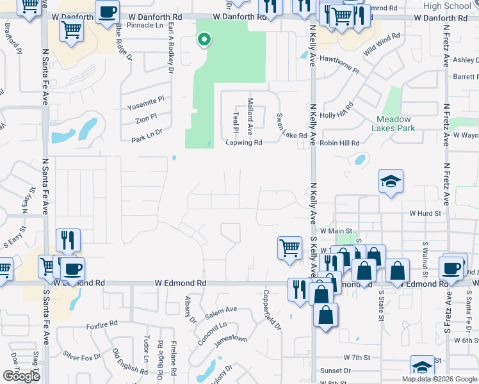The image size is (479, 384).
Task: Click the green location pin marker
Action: (204, 40)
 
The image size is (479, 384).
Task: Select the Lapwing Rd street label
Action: (244, 143)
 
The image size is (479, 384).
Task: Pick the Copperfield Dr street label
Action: (272, 310)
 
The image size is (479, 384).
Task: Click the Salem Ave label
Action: (220, 312)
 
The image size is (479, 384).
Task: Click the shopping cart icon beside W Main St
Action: (289, 248)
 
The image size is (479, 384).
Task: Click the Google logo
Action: (21, 376)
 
